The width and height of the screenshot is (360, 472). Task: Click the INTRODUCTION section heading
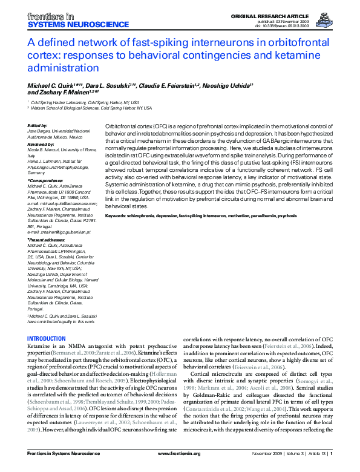[x=47, y=339]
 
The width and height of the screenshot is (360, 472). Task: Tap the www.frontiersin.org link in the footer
[x=180, y=468]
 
